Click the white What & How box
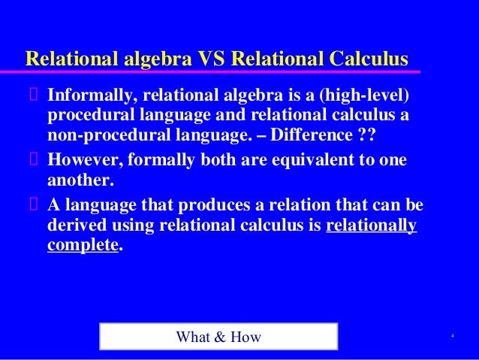(218, 337)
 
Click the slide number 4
(453, 334)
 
